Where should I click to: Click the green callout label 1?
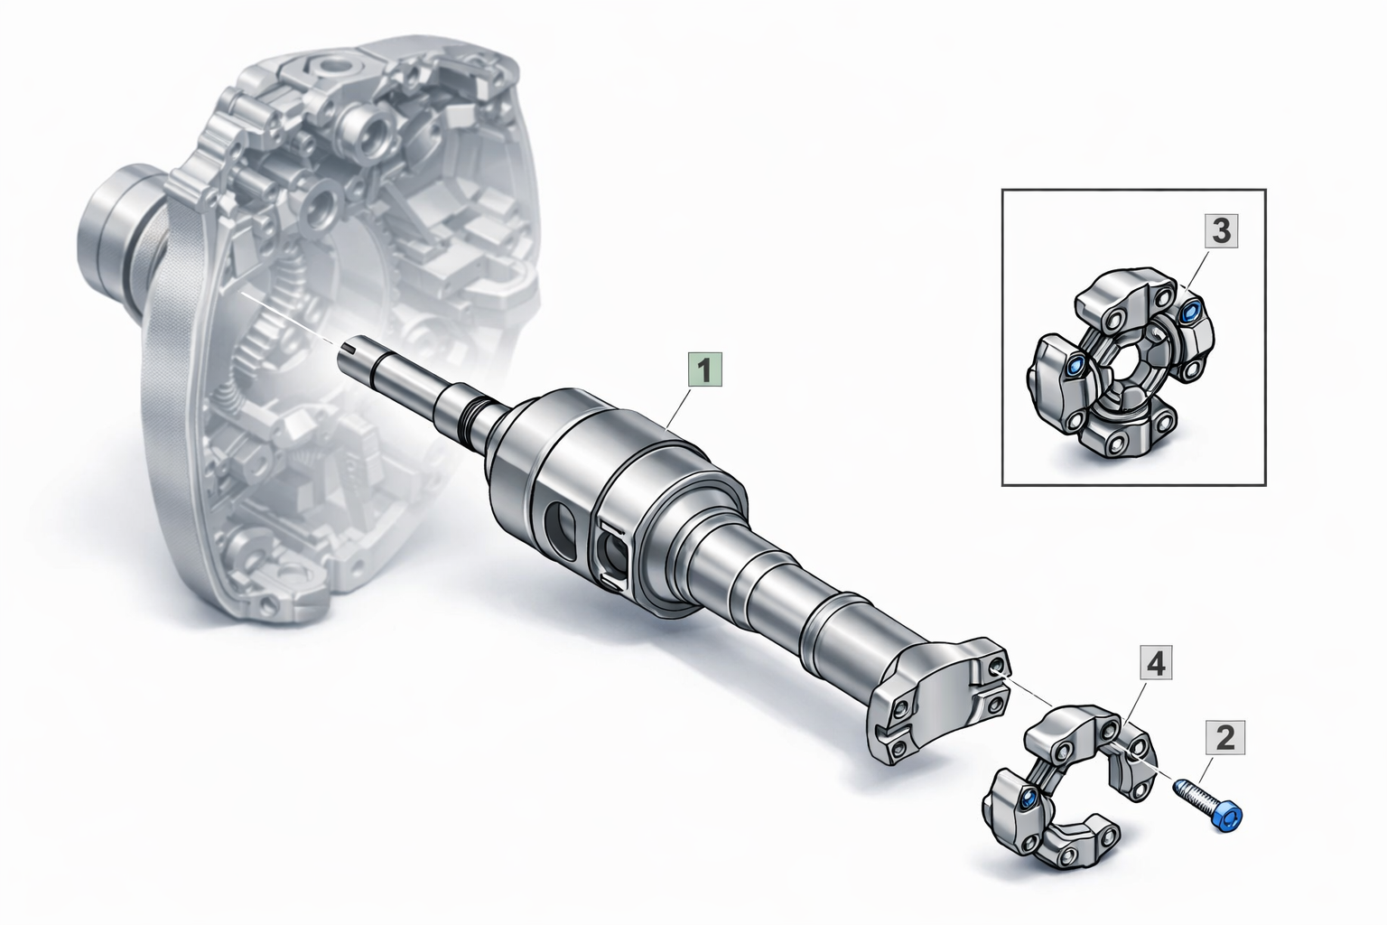705,369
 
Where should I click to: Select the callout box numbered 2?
1225,737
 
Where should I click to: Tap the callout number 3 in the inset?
1221,230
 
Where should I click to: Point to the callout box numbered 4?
1156,664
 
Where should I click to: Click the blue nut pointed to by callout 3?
1188,309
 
